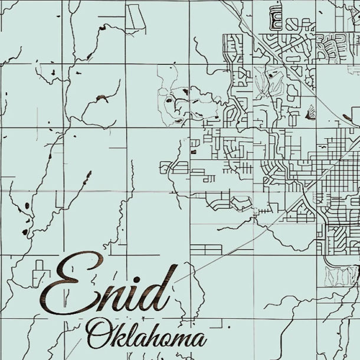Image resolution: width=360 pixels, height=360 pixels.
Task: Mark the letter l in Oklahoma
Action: [129, 333]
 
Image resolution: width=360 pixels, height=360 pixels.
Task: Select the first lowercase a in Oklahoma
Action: [139, 339]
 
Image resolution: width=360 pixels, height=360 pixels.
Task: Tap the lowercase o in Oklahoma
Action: [165, 340]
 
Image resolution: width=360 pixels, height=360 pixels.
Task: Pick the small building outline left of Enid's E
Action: [39, 272]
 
